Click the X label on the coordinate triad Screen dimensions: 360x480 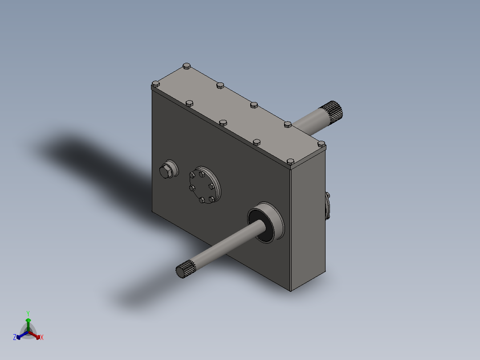pyautogui.click(x=42, y=338)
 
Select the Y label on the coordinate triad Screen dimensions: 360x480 pyautogui.click(x=28, y=313)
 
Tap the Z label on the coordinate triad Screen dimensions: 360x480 pyautogui.click(x=15, y=337)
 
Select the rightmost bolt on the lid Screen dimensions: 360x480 pyautogui.click(x=321, y=144)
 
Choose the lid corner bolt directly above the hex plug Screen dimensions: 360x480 pyautogui.click(x=155, y=83)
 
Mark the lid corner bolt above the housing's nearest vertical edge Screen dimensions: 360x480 pyautogui.click(x=290, y=161)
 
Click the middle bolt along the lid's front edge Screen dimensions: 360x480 pyautogui.click(x=223, y=122)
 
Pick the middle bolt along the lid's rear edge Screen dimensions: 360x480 pyautogui.click(x=253, y=105)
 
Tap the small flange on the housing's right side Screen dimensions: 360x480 pyautogui.click(x=328, y=205)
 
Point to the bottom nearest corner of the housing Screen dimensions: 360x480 pyautogui.click(x=291, y=291)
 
